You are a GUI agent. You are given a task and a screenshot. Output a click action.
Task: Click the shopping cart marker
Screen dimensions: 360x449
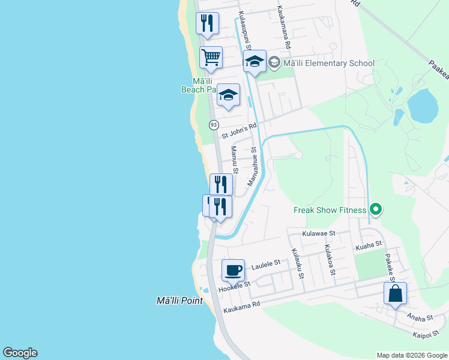click(211, 58)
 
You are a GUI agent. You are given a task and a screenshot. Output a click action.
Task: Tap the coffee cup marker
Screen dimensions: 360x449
click(233, 271)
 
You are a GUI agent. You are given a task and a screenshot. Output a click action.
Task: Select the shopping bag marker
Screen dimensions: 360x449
click(395, 293)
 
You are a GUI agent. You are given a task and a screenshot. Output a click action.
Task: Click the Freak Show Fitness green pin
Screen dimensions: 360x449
click(376, 209)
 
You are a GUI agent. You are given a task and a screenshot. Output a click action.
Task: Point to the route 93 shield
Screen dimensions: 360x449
click(214, 125)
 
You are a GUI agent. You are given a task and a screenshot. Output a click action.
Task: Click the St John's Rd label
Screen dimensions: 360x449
click(239, 131)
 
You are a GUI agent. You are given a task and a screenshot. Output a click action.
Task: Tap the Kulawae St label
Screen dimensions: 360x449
click(319, 233)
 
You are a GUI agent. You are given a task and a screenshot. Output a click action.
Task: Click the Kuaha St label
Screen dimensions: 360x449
click(369, 245)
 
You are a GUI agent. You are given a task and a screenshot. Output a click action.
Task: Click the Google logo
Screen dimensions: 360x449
click(20, 353)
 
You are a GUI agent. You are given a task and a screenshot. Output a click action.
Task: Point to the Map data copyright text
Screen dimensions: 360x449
click(412, 355)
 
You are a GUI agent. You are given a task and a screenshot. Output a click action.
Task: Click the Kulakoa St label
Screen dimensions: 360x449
click(328, 260)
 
